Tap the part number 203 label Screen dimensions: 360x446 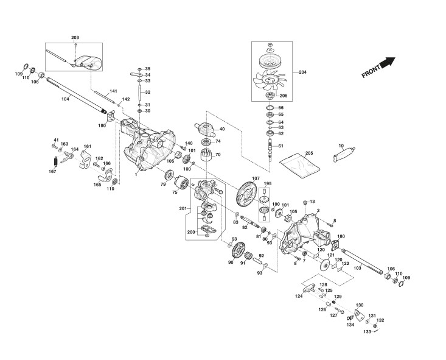(75, 38)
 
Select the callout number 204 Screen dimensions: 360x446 (302, 72)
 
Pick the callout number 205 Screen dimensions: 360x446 (308, 152)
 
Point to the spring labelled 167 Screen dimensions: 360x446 (55, 161)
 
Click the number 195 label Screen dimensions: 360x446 (267, 183)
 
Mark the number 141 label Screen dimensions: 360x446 (113, 91)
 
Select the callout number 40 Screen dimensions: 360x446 (222, 129)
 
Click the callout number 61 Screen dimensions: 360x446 (280, 146)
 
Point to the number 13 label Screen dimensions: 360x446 (313, 201)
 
